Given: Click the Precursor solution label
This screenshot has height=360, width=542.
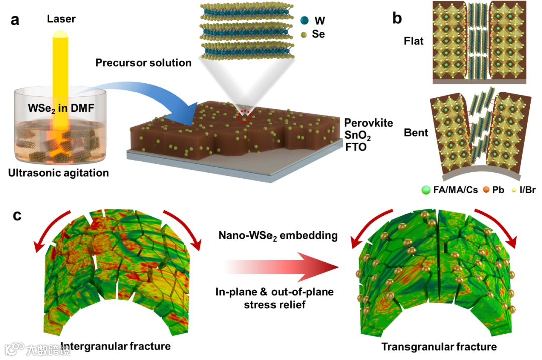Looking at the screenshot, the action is (x=144, y=63).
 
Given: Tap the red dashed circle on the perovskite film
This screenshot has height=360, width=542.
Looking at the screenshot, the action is (x=244, y=119).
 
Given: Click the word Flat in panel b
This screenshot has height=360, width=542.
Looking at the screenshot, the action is (x=414, y=41).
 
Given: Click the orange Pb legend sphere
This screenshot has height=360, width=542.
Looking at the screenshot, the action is (x=486, y=191).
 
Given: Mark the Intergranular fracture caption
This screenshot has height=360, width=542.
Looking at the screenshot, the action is (x=115, y=346).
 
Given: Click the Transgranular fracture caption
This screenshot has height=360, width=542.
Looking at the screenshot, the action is (x=439, y=346).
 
